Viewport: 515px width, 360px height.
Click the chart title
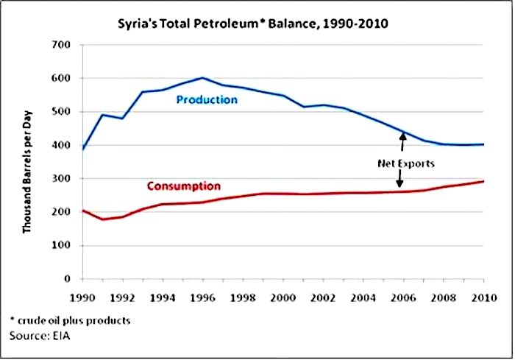tap(253, 24)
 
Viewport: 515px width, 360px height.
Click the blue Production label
tap(207, 99)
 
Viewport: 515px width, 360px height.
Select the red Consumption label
tap(184, 186)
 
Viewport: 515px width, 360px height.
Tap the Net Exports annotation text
tap(406, 163)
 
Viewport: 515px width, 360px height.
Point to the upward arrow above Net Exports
tap(402, 141)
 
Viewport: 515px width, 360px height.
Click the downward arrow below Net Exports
tap(399, 178)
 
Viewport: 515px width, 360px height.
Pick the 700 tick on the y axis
tap(61, 45)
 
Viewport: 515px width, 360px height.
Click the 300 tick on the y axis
tap(61, 178)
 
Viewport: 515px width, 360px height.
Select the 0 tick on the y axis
tap(68, 279)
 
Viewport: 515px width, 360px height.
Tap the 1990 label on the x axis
tap(82, 298)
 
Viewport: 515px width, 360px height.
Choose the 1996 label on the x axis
tap(203, 298)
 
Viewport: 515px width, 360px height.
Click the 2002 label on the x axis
tap(323, 298)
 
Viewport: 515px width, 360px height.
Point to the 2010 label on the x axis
tap(484, 298)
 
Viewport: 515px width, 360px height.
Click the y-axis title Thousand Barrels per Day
tap(27, 172)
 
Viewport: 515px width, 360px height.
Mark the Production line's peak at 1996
tap(202, 78)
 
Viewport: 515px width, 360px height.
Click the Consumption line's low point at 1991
tap(103, 219)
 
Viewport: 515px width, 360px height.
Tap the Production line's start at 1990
tap(82, 149)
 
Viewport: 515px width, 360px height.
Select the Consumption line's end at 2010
tap(483, 181)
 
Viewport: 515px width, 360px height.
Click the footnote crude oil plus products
tap(71, 320)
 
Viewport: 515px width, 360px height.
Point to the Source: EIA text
tap(40, 336)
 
